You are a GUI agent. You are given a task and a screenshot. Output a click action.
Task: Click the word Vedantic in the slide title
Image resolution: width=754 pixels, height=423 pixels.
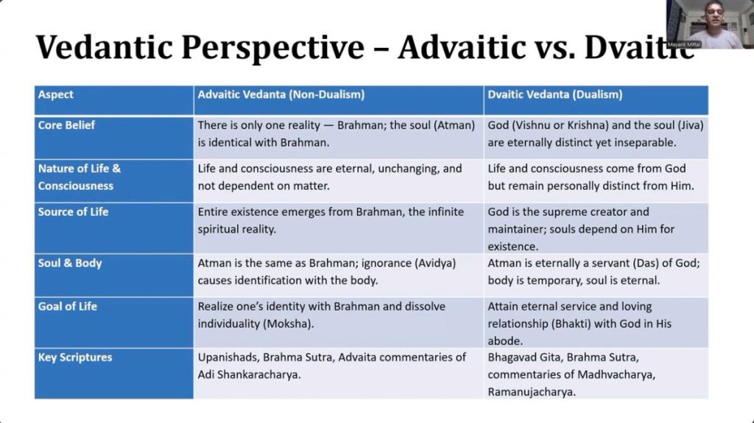[105, 47]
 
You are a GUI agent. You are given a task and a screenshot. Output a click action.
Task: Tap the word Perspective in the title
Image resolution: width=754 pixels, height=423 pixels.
[272, 48]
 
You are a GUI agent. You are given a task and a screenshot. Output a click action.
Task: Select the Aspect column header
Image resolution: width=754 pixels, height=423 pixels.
[56, 95]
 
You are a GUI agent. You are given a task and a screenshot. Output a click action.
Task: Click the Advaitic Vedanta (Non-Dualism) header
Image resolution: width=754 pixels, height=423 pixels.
[281, 94]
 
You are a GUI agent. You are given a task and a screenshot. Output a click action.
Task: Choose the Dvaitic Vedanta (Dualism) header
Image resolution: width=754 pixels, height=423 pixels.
[555, 94]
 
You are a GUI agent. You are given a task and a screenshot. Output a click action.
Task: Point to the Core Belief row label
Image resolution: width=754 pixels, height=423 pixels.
[66, 125]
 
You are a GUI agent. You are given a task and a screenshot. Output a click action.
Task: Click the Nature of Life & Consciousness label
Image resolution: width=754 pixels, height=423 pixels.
[80, 177]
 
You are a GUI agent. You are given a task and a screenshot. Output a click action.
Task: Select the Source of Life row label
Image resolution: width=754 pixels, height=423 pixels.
[73, 212]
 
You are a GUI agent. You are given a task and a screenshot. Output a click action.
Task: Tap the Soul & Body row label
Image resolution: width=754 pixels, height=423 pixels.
[70, 263]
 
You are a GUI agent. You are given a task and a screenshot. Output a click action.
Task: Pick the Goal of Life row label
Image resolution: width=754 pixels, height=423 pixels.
[67, 307]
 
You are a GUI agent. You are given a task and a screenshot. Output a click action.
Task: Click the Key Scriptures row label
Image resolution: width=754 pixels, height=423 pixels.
[75, 357]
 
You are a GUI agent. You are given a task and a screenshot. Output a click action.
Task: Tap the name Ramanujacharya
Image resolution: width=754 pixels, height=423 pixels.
[532, 392]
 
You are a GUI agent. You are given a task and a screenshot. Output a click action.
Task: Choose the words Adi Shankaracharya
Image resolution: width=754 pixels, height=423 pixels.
[249, 375]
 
